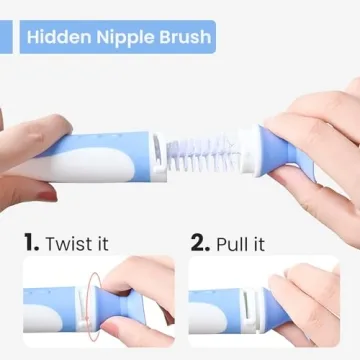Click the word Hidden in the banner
click(59, 39)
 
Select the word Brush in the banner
click(182, 39)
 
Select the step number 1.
click(31, 241)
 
